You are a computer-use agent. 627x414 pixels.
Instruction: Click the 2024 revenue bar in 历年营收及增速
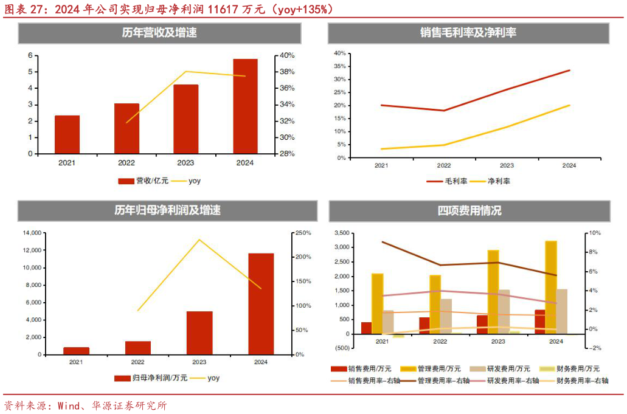click(x=245, y=106)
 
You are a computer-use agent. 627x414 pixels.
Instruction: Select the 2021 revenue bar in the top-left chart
click(x=67, y=134)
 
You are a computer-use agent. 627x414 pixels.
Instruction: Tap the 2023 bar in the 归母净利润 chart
click(x=199, y=333)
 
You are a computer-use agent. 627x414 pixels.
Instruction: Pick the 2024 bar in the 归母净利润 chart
click(x=261, y=303)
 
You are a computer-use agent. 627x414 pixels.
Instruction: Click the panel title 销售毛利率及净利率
click(x=468, y=33)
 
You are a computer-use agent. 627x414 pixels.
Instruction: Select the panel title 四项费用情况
click(x=469, y=211)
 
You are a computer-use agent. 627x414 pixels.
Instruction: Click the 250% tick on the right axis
click(x=303, y=233)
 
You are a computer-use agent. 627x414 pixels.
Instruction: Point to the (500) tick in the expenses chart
click(x=342, y=348)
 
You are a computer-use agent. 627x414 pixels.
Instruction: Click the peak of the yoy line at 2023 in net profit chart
click(x=199, y=240)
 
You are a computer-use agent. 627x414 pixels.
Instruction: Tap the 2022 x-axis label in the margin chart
click(x=444, y=165)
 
